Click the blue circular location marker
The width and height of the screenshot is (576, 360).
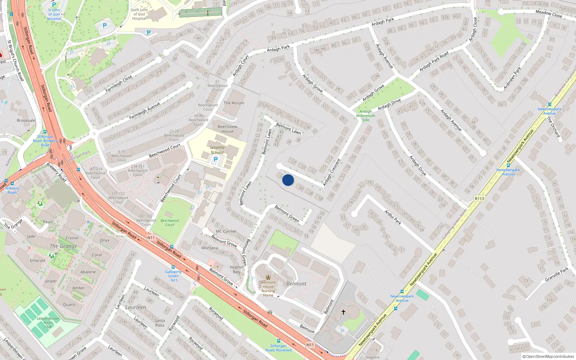point(288,180)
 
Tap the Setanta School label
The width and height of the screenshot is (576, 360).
point(217,150)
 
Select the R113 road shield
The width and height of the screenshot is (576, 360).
point(480,199)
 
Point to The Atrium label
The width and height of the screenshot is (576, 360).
point(234,103)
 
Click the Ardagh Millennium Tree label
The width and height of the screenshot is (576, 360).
point(366,116)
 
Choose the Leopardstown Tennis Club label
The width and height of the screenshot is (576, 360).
point(48,323)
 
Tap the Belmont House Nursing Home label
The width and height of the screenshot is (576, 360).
point(268,289)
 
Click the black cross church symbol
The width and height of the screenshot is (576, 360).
point(343,312)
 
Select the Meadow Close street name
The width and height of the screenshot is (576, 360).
point(549,14)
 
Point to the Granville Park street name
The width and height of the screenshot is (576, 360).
point(557,274)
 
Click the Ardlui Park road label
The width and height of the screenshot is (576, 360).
point(393,217)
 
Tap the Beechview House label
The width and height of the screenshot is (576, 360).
point(228,129)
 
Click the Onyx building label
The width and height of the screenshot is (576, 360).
point(105,240)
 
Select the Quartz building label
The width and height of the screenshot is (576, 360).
point(69,305)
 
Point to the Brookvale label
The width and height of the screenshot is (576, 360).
point(26,121)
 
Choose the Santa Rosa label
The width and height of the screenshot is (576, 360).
point(159,323)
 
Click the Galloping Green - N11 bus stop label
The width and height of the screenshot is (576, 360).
point(174,276)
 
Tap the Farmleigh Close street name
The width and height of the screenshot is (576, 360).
point(119,84)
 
